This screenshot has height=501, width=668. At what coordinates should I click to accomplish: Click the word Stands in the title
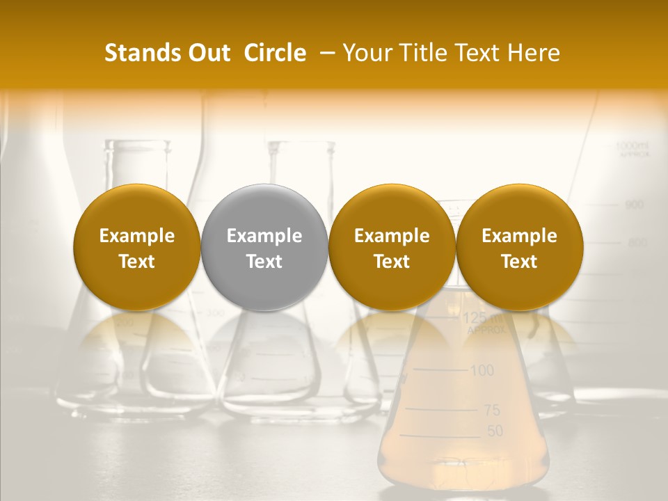click(x=138, y=53)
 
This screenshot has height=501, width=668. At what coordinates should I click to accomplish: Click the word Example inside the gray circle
click(x=264, y=236)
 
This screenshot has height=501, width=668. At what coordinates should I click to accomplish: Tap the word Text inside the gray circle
click(x=264, y=262)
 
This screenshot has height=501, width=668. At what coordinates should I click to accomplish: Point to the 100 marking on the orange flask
click(x=482, y=370)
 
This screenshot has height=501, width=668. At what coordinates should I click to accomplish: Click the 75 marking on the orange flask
click(x=492, y=410)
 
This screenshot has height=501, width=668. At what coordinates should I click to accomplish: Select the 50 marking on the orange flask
click(x=494, y=431)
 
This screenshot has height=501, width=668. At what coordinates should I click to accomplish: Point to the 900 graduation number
click(x=634, y=205)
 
